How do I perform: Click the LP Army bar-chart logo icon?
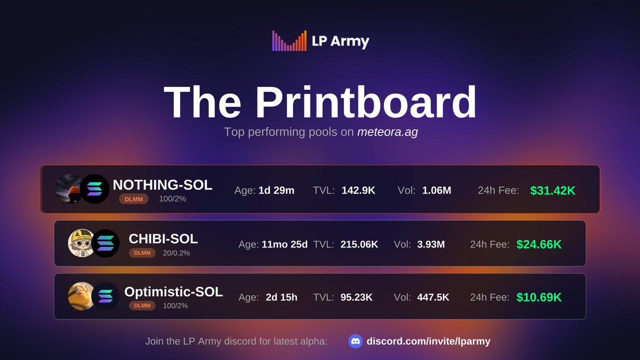pyautogui.click(x=289, y=41)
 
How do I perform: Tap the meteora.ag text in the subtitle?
pyautogui.click(x=387, y=132)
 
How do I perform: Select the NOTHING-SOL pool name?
pyautogui.click(x=163, y=185)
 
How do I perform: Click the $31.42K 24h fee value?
pyautogui.click(x=553, y=190)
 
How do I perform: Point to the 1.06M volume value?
pyautogui.click(x=437, y=190)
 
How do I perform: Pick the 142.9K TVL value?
pyautogui.click(x=358, y=190)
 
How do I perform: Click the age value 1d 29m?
pyautogui.click(x=276, y=190)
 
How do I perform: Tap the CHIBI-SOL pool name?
pyautogui.click(x=163, y=238)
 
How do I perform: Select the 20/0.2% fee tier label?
pyautogui.click(x=177, y=253)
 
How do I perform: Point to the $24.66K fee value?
pyautogui.click(x=539, y=244)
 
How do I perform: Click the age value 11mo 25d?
pyautogui.click(x=284, y=244)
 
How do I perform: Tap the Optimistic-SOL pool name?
pyautogui.click(x=173, y=292)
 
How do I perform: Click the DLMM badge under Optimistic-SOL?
pyautogui.click(x=142, y=306)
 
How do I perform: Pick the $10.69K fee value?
pyautogui.click(x=539, y=298)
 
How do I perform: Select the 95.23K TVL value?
pyautogui.click(x=356, y=298)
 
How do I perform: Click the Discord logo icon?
pyautogui.click(x=356, y=341)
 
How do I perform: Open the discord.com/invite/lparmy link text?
pyautogui.click(x=428, y=341)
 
